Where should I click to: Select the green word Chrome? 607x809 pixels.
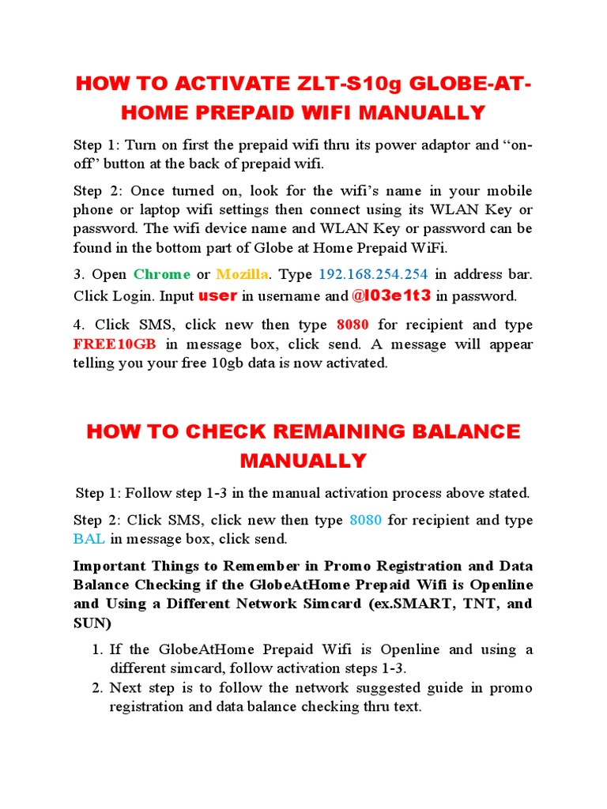tap(162, 274)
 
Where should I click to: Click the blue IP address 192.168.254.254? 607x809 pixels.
tap(372, 274)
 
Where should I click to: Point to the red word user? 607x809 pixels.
tap(217, 296)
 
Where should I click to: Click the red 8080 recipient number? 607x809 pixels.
tap(353, 325)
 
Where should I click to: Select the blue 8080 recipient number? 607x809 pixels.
tap(364, 521)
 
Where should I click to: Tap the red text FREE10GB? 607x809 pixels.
tap(115, 344)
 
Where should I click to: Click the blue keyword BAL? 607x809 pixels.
tap(89, 540)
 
